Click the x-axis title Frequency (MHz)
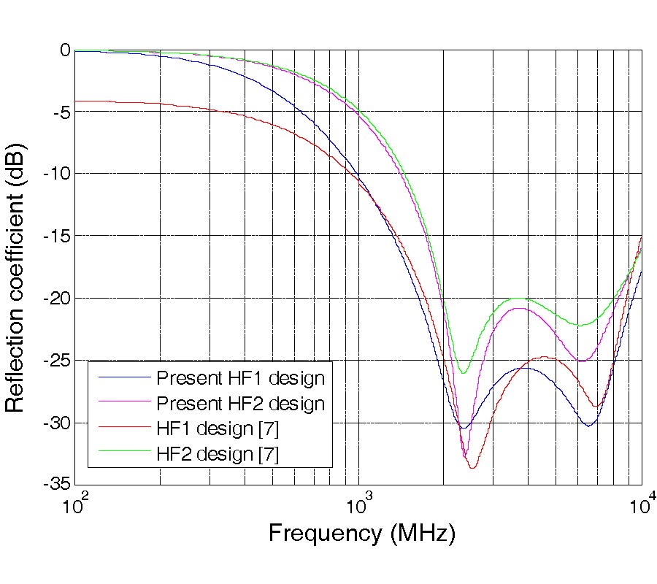[362, 533]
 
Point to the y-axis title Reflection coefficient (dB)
[16, 266]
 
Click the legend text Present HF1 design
[240, 378]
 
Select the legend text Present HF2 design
[240, 403]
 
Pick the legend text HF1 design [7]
[217, 428]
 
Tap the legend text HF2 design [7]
[217, 453]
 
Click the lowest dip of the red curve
[473, 467]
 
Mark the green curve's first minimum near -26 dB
[462, 373]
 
